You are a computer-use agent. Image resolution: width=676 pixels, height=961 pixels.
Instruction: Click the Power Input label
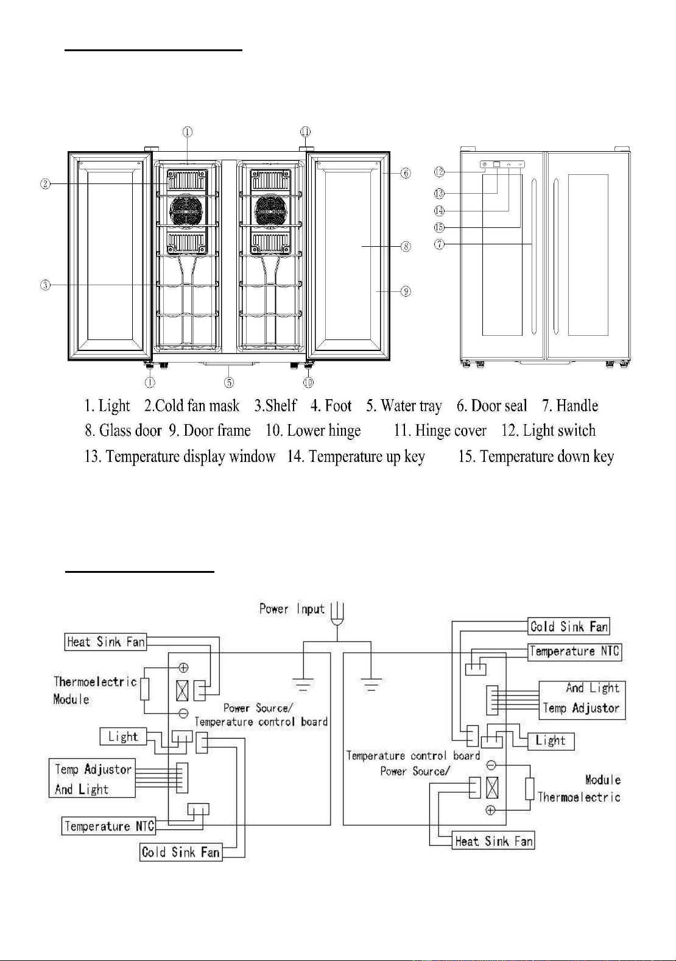[292, 609]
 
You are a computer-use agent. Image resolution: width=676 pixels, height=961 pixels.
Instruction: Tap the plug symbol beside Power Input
[338, 614]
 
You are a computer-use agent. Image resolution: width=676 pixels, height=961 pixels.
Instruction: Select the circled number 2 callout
[46, 185]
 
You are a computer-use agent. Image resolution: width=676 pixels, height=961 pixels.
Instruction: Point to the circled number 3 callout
[46, 285]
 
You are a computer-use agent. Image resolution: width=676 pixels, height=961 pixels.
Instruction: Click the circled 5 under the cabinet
[230, 382]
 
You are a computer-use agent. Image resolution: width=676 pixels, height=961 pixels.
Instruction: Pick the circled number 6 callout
[406, 173]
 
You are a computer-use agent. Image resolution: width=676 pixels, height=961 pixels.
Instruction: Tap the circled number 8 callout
[406, 247]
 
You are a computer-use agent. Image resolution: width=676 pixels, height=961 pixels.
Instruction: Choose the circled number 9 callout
[406, 292]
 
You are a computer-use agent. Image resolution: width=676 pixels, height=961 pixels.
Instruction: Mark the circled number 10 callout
[308, 382]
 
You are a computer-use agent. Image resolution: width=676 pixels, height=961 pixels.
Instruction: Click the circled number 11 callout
[305, 132]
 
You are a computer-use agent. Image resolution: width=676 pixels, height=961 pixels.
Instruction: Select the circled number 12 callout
[439, 172]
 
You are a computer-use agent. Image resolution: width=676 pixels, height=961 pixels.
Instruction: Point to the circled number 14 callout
[439, 211]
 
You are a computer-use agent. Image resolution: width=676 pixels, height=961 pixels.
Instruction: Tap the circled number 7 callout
[439, 244]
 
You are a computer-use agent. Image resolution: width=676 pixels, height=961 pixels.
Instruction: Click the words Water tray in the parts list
[411, 406]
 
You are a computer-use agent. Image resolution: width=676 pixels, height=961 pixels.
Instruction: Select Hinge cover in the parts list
[451, 430]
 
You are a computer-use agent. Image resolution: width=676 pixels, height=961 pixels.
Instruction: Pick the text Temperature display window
[191, 456]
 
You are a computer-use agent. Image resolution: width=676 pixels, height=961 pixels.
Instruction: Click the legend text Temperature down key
[547, 456]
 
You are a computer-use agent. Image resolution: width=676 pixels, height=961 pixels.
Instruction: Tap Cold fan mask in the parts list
[197, 406]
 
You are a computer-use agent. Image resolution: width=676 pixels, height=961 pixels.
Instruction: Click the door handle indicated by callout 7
[534, 257]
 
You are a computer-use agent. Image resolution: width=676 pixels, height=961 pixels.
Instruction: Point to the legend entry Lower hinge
[323, 431]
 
